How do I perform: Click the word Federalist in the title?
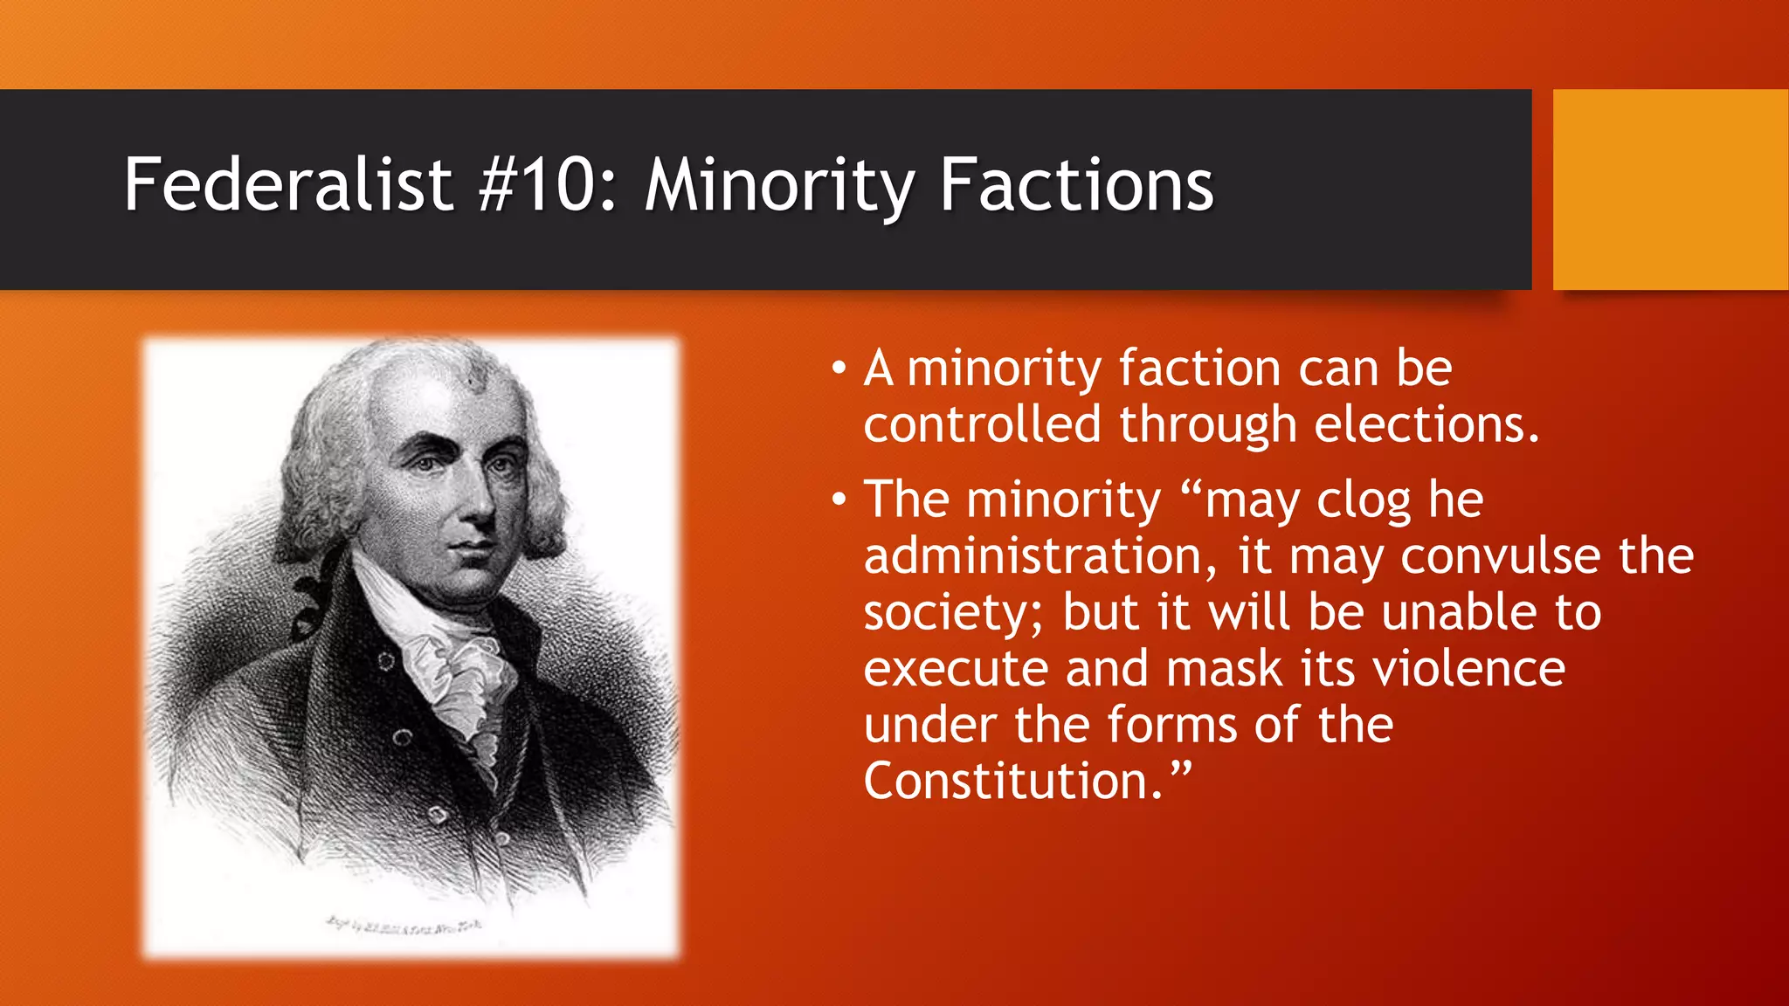(x=287, y=185)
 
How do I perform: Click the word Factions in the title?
(x=1076, y=185)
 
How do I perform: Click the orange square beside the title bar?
(x=1670, y=189)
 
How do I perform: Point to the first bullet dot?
(x=839, y=369)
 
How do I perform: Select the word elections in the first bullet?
(x=1426, y=425)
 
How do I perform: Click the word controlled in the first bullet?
(x=982, y=425)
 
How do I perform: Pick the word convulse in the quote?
(x=1501, y=556)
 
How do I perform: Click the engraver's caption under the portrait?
(x=403, y=924)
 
